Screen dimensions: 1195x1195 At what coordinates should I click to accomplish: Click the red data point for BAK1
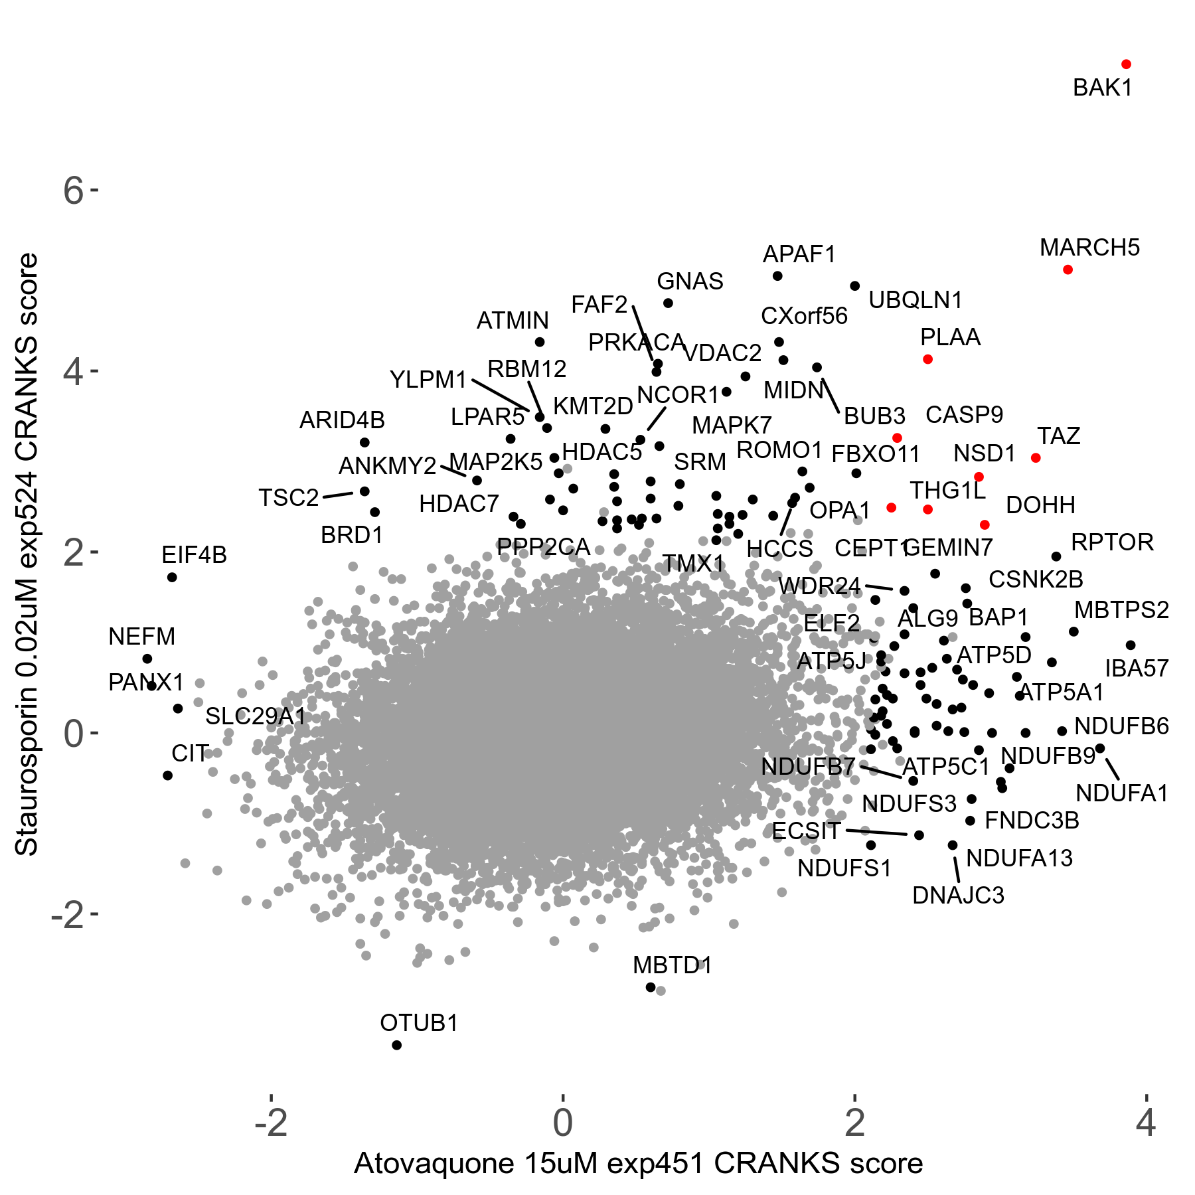(1126, 64)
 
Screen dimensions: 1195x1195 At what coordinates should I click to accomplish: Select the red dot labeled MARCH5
(1068, 270)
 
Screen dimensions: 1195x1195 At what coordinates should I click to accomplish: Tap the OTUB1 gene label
(419, 1023)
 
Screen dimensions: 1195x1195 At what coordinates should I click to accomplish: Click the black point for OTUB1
(397, 1045)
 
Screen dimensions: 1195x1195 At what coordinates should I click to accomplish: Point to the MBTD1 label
(672, 965)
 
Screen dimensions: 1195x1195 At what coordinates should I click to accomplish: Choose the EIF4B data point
(172, 578)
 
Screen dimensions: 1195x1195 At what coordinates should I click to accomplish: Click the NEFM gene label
(141, 637)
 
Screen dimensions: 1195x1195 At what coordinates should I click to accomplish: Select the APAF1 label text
(799, 254)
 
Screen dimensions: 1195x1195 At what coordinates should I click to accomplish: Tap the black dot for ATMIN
(540, 342)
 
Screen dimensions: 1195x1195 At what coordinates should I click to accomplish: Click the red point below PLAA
(927, 359)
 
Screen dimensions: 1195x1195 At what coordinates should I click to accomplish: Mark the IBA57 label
(1137, 668)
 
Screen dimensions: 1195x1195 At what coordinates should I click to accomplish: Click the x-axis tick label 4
(1146, 1123)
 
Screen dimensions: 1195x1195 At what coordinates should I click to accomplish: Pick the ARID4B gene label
(342, 420)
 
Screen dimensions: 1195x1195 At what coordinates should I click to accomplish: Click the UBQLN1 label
(916, 300)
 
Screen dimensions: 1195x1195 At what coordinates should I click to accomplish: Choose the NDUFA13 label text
(1019, 858)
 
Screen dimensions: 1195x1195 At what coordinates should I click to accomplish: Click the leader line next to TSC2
(338, 495)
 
